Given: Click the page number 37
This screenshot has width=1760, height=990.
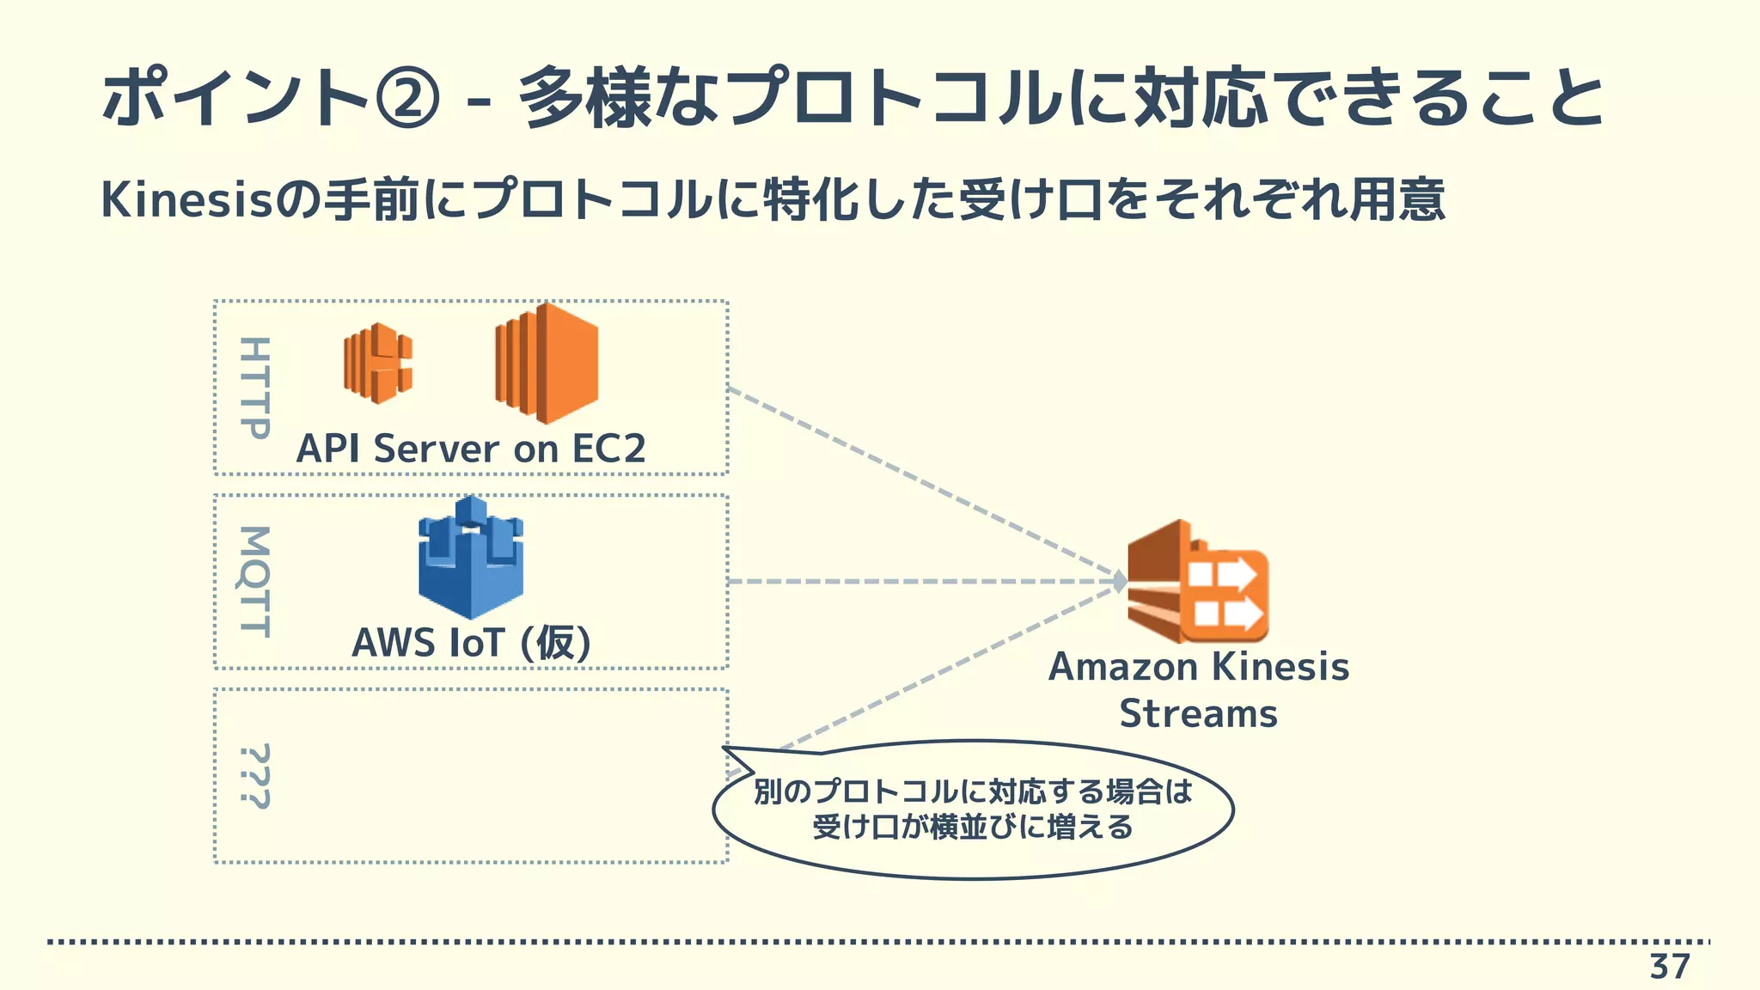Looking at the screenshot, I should point(1669,967).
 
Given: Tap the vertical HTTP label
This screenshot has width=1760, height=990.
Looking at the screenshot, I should point(254,388).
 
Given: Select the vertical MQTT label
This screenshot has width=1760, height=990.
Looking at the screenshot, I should point(254,582).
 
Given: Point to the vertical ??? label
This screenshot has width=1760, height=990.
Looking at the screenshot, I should point(254,777).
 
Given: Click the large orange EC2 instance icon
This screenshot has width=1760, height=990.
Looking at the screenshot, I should point(547,364).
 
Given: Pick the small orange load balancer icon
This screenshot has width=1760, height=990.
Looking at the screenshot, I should point(377,364).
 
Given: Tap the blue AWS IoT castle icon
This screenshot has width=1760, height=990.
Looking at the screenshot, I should point(471,558).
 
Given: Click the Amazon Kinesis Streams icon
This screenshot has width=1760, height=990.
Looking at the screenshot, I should point(1197,582).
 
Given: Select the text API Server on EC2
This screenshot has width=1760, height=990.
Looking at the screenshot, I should point(470,449).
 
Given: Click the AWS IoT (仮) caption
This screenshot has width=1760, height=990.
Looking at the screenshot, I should point(471,642).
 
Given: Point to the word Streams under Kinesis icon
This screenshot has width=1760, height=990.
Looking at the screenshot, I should point(1198,714).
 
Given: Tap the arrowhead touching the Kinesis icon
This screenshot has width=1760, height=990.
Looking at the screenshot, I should point(1120,582).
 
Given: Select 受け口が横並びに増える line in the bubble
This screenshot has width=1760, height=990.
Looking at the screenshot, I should point(973,828).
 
